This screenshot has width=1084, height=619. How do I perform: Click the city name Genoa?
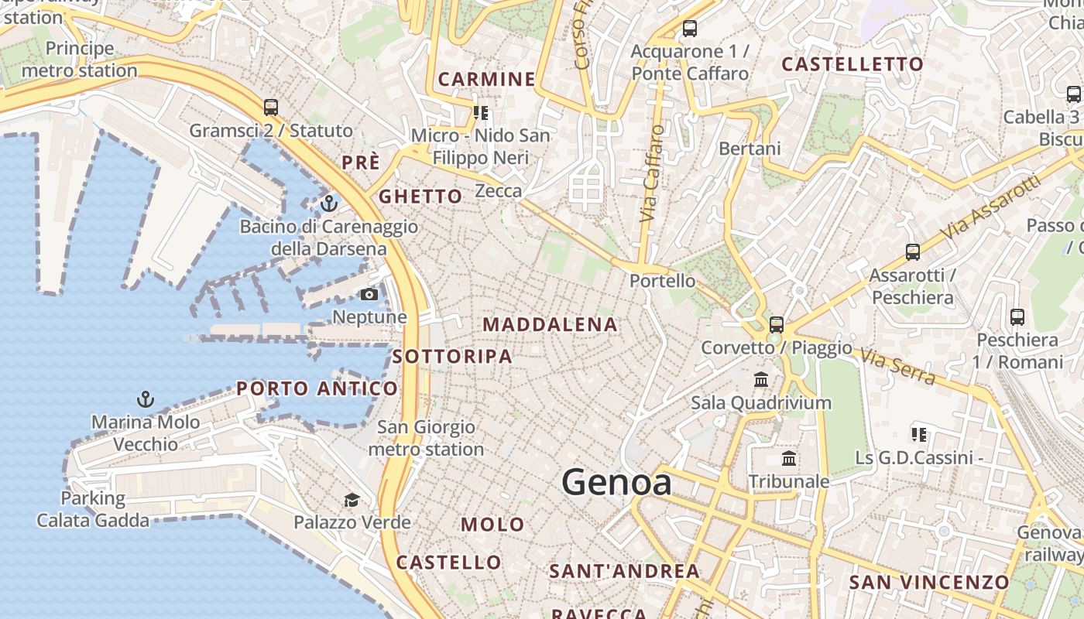point(616,482)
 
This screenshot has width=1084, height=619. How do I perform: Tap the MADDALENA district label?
point(551,325)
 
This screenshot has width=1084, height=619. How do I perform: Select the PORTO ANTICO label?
point(317,388)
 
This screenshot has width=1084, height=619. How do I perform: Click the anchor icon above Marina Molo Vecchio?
point(146,399)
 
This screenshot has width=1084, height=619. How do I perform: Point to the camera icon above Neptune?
point(369,294)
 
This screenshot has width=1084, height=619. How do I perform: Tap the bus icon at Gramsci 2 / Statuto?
point(271,108)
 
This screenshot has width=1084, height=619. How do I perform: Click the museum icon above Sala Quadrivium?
point(761,380)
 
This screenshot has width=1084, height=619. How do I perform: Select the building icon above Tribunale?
point(789,459)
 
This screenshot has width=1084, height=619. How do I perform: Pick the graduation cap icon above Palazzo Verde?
point(352,500)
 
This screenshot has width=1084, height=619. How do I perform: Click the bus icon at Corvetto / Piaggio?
point(777,325)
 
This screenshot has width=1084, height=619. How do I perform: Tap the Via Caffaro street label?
point(653,174)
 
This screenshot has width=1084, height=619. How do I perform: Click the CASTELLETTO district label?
point(852,64)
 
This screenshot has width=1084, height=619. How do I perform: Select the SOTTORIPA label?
point(452,357)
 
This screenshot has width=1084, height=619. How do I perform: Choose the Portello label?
point(657,281)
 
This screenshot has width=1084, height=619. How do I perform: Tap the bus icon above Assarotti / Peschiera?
point(913,251)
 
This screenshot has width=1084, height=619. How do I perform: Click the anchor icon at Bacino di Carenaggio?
point(330,203)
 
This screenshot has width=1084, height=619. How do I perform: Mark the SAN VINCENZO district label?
point(929,582)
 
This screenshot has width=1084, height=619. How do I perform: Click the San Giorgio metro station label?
point(426,438)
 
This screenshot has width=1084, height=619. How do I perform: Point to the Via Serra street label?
point(898,364)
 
